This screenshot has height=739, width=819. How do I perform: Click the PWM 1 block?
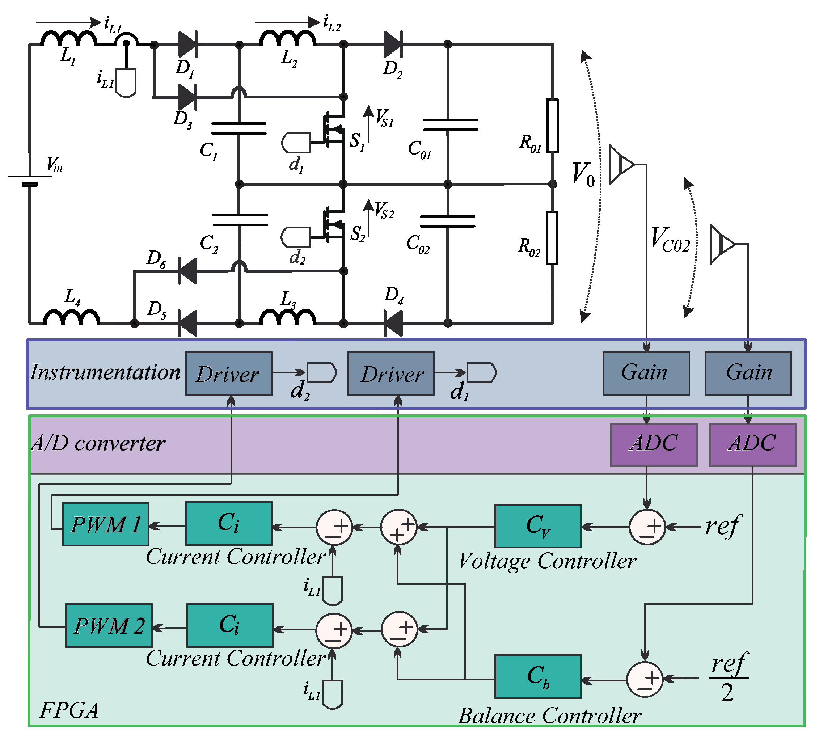[x=106, y=524]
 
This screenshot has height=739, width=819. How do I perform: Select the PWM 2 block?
[x=109, y=625]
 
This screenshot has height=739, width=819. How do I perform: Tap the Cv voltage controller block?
[x=537, y=526]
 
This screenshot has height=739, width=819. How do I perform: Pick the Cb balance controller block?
[x=537, y=676]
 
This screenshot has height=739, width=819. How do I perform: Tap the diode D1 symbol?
[x=187, y=44]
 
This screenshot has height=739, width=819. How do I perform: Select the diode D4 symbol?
[x=393, y=323]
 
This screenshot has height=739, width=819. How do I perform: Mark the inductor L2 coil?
[x=287, y=39]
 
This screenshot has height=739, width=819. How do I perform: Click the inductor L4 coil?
[x=71, y=317]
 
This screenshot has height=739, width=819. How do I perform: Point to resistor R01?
[x=552, y=126]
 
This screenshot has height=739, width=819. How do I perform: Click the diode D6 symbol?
[x=188, y=271]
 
